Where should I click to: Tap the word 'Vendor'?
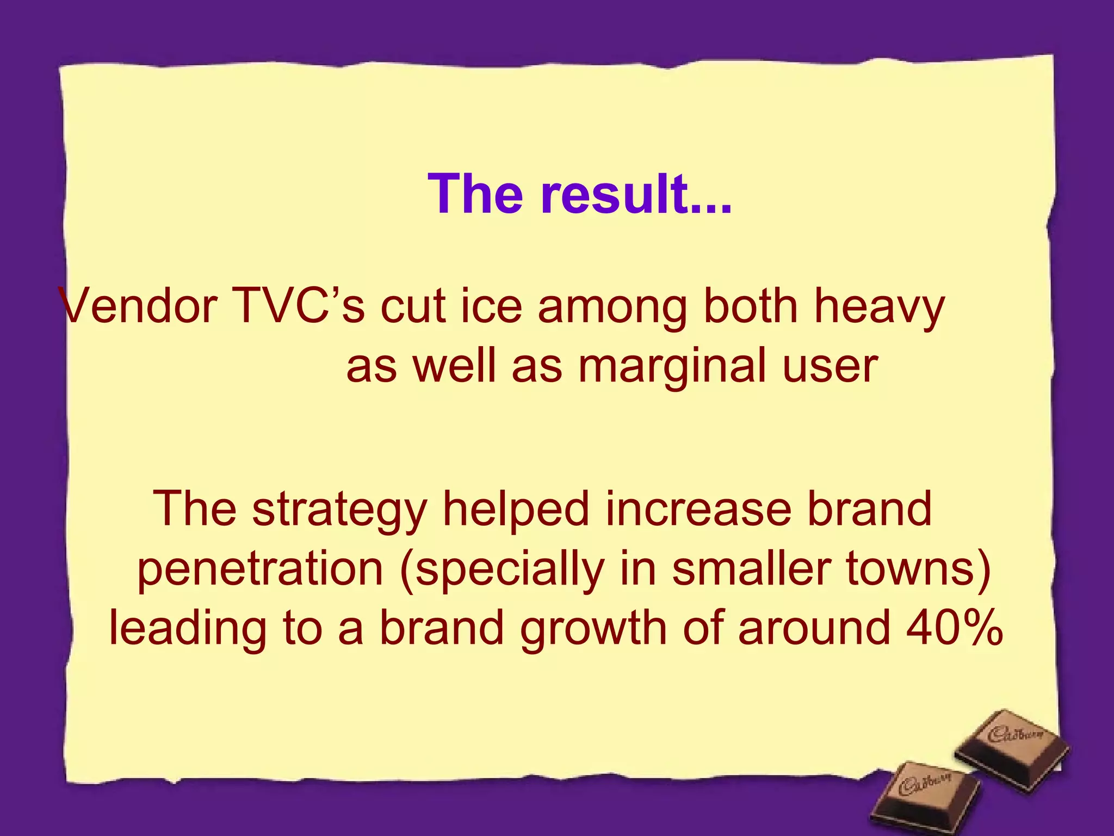(139, 306)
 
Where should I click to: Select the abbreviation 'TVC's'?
(298, 306)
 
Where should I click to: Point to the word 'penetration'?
(260, 570)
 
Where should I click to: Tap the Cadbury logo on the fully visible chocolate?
(1015, 735)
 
